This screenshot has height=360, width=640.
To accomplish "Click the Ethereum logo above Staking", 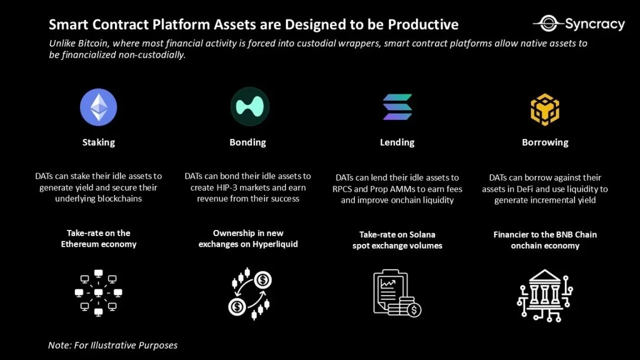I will [98, 107].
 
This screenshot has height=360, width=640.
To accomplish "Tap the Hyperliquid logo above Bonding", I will [249, 107].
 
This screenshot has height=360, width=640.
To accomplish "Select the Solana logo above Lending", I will [397, 107].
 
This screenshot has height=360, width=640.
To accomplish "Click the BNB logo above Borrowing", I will [544, 109].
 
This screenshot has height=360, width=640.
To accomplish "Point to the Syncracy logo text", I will [594, 24].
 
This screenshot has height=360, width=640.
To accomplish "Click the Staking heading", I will [98, 142].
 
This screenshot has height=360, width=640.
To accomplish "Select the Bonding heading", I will [248, 142].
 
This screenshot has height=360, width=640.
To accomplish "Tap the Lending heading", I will [397, 142].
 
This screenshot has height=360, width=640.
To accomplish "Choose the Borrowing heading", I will [545, 142].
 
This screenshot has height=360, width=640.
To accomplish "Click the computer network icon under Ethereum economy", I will [98, 293].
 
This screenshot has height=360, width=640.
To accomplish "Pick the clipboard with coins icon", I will [397, 294].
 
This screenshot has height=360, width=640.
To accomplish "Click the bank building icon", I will [544, 295].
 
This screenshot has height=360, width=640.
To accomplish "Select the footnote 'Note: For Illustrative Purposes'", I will [113, 345].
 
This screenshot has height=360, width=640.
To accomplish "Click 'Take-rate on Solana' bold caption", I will [397, 234].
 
